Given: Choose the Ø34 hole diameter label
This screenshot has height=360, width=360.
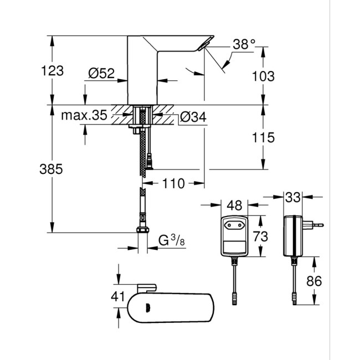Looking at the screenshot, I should point(193,116).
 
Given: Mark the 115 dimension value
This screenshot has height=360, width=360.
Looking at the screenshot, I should point(263,137).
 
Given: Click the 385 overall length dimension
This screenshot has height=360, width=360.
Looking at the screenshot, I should point(54,168).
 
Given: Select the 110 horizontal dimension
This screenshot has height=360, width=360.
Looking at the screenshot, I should point(173,183).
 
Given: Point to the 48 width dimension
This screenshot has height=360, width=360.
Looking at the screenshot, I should point(235,205).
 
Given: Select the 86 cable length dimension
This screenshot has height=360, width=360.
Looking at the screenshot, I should point(315,281).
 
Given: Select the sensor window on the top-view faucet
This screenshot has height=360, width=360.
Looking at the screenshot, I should point(147,307).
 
